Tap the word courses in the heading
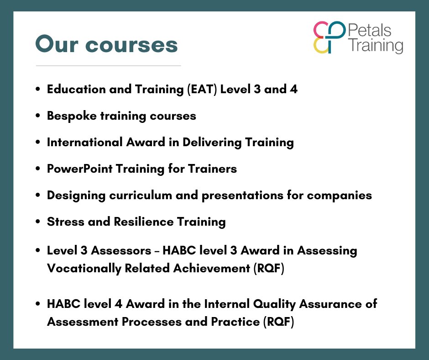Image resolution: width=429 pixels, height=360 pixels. (x=132, y=45)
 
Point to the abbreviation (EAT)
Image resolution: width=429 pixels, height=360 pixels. (x=202, y=90)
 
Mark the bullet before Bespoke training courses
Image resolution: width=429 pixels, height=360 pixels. (x=38, y=116)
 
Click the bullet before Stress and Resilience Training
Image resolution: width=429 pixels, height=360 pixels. (x=38, y=222)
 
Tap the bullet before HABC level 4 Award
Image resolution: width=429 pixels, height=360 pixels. (x=38, y=304)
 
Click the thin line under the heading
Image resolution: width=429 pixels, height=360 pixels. (x=108, y=66)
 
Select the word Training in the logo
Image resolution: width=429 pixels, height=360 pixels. (x=376, y=46)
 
